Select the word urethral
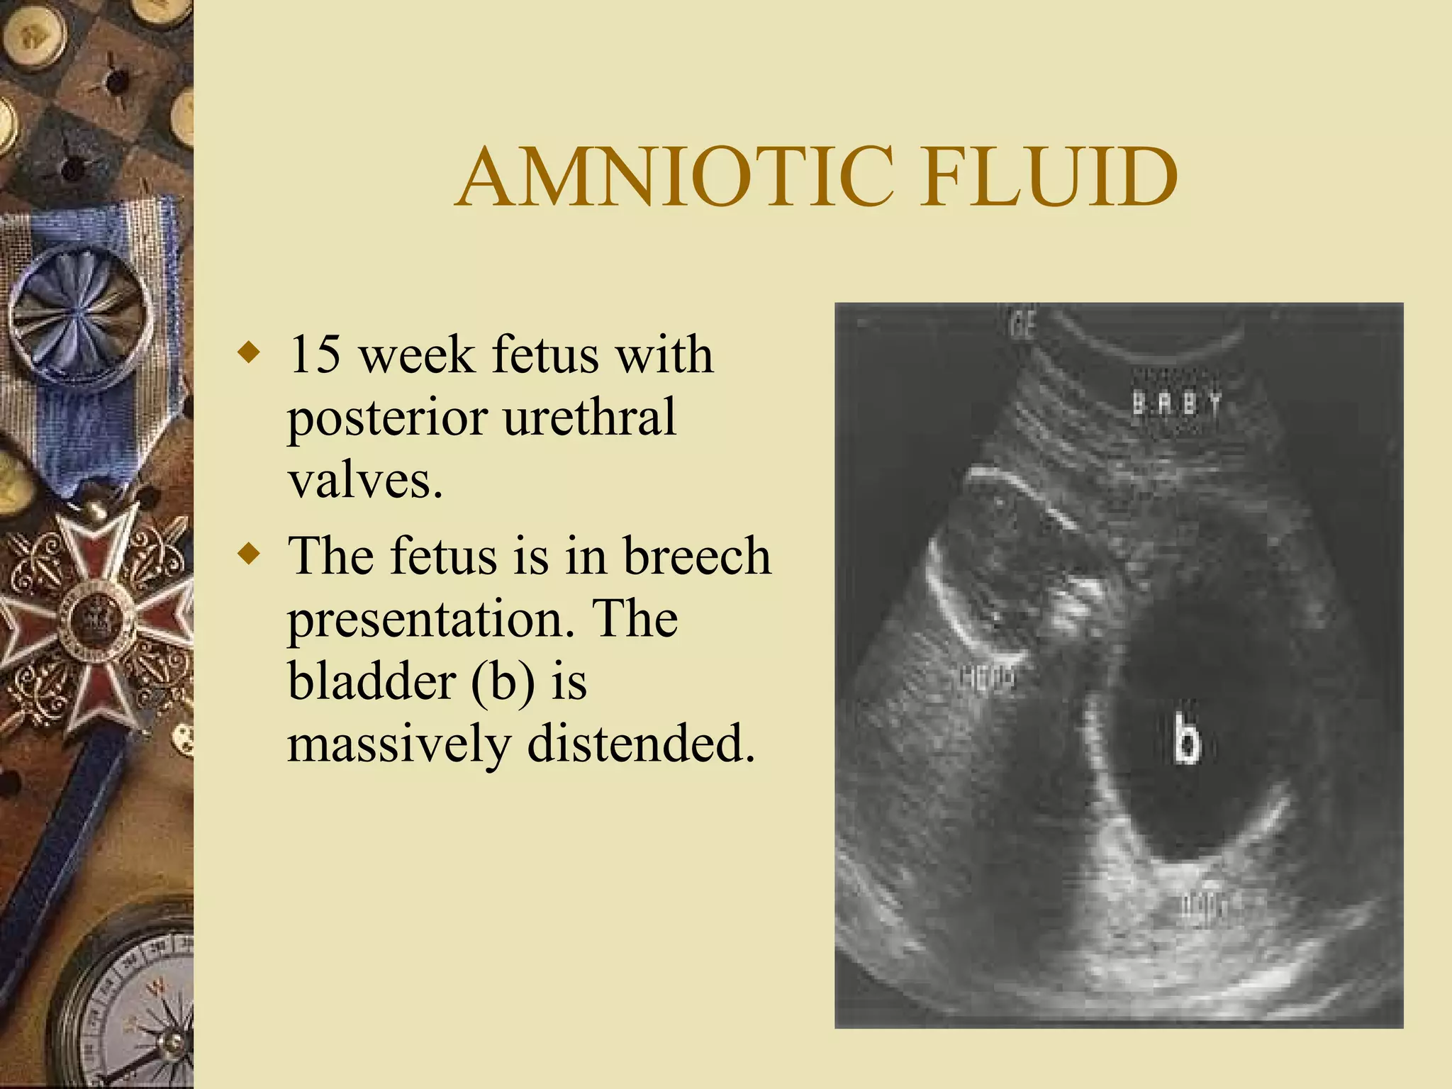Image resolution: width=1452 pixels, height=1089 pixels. pyautogui.click(x=589, y=418)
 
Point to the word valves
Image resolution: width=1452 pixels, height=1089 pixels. pyautogui.click(x=365, y=481)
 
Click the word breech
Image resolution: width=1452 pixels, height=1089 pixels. pyautogui.click(x=697, y=556)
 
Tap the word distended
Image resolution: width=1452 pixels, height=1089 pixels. pyautogui.click(x=641, y=744)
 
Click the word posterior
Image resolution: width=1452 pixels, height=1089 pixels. pyautogui.click(x=387, y=419)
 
